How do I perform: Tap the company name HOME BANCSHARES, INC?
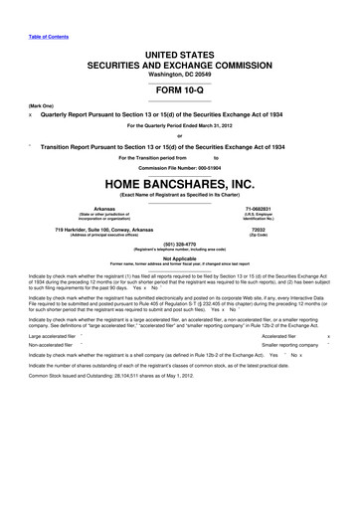[179, 184]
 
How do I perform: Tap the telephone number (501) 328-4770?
[179, 244]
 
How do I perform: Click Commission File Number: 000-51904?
[179, 167]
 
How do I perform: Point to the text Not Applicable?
[179, 257]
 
